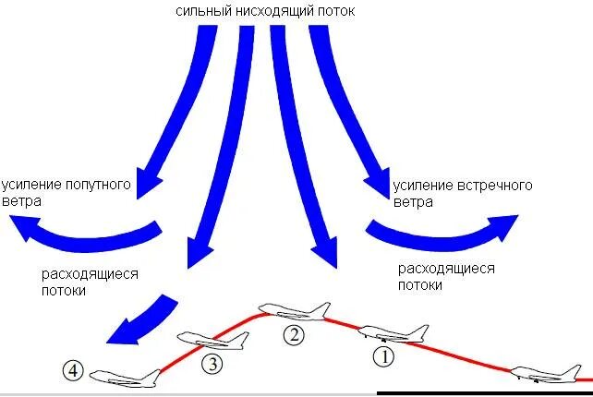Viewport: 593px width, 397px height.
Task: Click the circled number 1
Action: tap(382, 355)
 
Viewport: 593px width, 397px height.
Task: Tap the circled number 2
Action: tap(293, 335)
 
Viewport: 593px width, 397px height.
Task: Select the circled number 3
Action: tap(212, 364)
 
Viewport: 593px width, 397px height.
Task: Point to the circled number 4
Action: tap(74, 372)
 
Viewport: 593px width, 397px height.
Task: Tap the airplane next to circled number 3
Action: tap(212, 341)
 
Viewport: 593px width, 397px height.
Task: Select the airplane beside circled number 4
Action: tap(127, 377)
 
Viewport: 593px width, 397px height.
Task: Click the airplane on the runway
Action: tap(551, 372)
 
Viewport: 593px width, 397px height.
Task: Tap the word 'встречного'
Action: tap(494, 186)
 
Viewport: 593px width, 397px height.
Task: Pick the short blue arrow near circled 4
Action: tap(139, 319)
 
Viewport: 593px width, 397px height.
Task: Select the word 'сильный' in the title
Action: tap(200, 12)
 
